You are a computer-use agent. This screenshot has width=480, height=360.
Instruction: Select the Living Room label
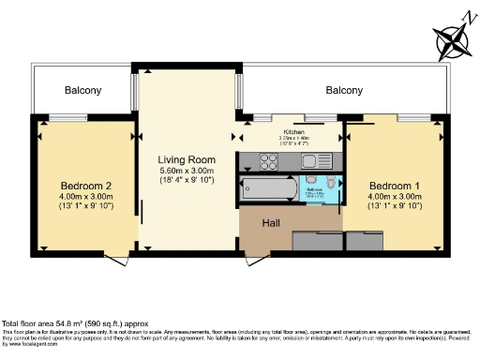(x=187, y=159)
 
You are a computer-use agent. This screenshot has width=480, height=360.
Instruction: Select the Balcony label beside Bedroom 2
(x=83, y=90)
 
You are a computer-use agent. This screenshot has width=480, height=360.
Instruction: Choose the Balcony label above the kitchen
(x=344, y=90)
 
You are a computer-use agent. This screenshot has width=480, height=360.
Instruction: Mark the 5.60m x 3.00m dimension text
(x=187, y=172)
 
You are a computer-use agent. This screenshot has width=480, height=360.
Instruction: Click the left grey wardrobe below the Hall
(x=317, y=241)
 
